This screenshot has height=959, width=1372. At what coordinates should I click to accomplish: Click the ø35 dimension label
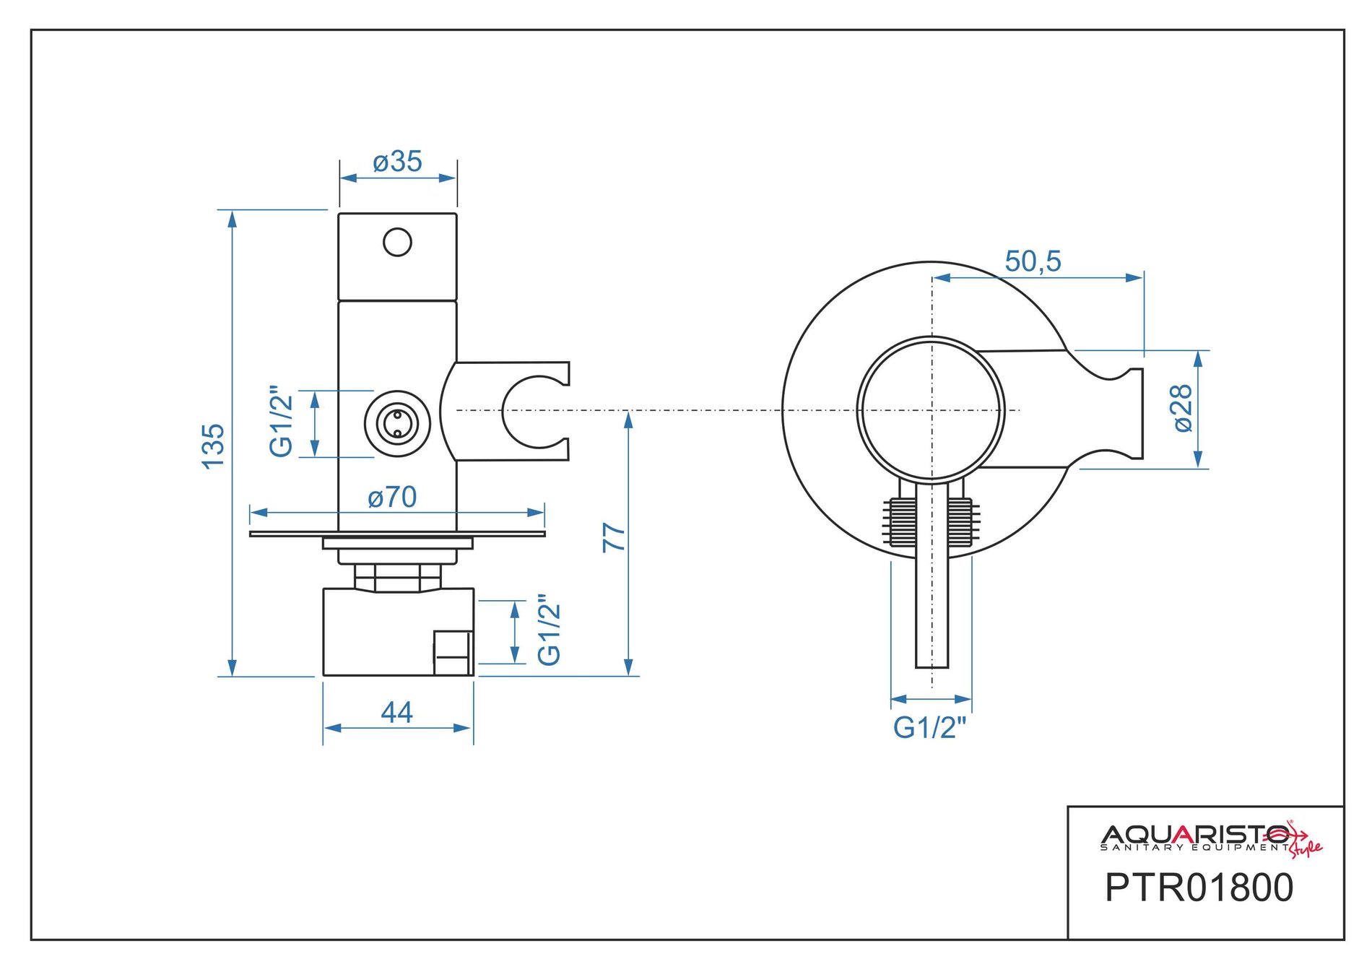pyautogui.click(x=397, y=162)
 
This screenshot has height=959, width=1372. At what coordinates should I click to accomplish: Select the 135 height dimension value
pyautogui.click(x=214, y=446)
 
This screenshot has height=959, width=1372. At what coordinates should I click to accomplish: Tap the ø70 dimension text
pyautogui.click(x=392, y=497)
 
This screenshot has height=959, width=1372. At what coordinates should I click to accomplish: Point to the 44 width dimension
pyautogui.click(x=396, y=713)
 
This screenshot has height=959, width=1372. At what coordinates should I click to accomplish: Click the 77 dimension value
pyautogui.click(x=614, y=537)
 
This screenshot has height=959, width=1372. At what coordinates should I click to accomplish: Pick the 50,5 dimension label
pyautogui.click(x=1033, y=261)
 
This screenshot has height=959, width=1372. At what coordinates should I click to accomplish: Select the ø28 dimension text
pyautogui.click(x=1183, y=408)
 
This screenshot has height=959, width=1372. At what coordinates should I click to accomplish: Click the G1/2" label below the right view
pyautogui.click(x=929, y=727)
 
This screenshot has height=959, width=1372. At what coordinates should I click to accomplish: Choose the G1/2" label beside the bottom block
pyautogui.click(x=550, y=630)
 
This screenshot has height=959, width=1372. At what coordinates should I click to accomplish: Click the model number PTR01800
pyautogui.click(x=1199, y=888)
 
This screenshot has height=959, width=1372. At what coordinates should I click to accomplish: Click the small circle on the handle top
pyautogui.click(x=397, y=243)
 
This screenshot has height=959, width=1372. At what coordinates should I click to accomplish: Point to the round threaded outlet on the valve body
pyautogui.click(x=397, y=423)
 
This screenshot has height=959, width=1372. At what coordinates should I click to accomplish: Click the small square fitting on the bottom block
pyautogui.click(x=453, y=653)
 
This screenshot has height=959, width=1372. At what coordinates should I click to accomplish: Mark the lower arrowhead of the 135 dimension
pyautogui.click(x=232, y=668)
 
